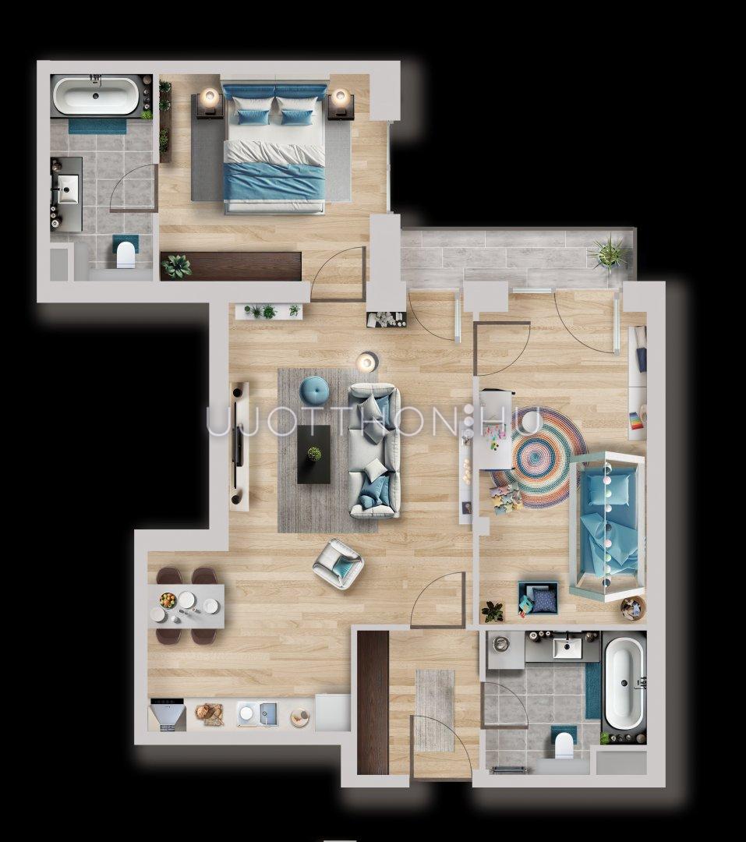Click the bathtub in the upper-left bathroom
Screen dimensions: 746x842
point(96,96)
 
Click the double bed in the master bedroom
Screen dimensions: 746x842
point(274,147)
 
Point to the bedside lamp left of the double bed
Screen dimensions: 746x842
point(210,97)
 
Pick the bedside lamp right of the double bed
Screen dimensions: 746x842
point(340,97)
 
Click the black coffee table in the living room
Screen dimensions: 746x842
point(313,455)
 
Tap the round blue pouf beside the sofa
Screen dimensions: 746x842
point(313,389)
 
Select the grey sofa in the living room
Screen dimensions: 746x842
point(374,451)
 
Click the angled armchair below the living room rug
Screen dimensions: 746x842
point(338,564)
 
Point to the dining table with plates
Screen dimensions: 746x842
point(186,606)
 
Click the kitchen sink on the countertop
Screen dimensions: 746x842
point(257,714)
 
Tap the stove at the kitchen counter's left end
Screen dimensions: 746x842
point(168,715)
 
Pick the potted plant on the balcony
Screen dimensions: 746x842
point(609,253)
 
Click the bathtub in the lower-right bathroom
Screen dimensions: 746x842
point(624,682)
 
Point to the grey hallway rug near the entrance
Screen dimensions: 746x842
point(435,710)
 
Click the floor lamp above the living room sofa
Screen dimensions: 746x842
point(367,362)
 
